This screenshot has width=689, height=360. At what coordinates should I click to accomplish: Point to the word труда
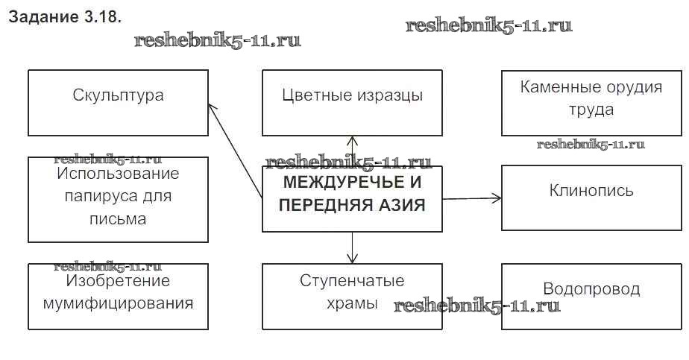click(x=591, y=110)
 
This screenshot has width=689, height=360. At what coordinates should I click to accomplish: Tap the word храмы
click(x=352, y=303)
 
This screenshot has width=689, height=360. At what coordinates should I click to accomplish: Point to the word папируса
click(x=118, y=197)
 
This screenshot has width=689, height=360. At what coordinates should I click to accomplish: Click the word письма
click(x=118, y=219)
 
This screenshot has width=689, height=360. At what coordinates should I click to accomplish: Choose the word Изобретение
click(x=118, y=281)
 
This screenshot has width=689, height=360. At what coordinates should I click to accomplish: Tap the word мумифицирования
click(x=118, y=303)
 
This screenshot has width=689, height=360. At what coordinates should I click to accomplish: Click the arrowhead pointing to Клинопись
click(x=497, y=198)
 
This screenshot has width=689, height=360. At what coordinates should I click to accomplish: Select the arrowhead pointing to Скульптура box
click(x=212, y=107)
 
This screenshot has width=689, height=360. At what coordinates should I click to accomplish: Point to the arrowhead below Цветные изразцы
click(x=353, y=140)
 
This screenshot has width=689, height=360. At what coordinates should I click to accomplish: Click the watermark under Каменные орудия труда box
click(x=591, y=145)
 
